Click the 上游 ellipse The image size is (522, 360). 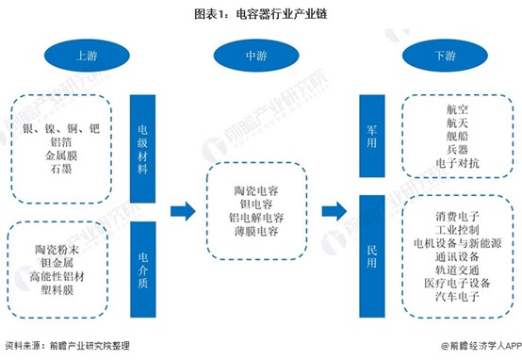87,56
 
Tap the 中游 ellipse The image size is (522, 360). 256,56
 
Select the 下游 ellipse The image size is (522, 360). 445,56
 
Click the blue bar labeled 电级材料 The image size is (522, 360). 142,149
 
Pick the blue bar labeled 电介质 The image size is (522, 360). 143,270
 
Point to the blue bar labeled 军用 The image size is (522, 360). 372,136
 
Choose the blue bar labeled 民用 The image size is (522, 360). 372,256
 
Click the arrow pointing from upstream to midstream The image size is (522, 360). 183,211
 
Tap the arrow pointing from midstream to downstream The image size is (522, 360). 334,211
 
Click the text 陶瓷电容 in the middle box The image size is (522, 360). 256,190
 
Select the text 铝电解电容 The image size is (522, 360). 256,218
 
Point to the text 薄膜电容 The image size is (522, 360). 256,231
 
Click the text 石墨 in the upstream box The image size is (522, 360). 61,169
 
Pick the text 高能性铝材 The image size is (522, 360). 57,276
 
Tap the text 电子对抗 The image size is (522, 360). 457,163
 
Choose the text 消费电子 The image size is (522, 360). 457,217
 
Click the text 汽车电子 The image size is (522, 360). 457,296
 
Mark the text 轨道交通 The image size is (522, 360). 457,270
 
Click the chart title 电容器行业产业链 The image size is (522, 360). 282,14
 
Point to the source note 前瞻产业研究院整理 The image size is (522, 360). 90,346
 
